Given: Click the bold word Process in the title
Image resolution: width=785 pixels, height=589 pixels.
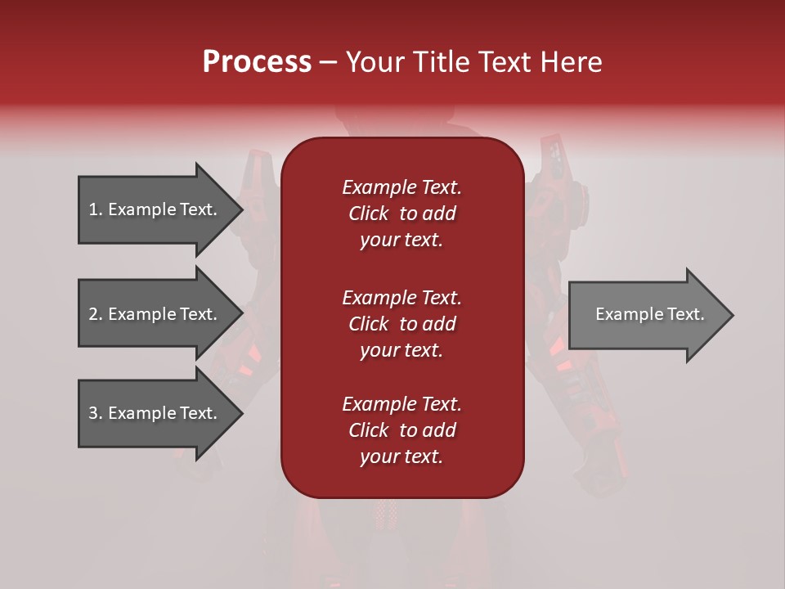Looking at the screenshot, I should tap(257, 61).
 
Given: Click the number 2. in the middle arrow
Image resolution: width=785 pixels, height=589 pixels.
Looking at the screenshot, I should tap(96, 314).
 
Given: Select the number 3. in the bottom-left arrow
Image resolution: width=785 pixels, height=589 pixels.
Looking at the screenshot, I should tap(96, 413).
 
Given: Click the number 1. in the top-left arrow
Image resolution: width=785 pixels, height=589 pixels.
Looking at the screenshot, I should tap(96, 209).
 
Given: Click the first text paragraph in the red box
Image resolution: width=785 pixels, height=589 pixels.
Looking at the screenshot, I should tap(401, 214).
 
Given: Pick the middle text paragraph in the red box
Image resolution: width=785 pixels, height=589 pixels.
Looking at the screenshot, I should tap(401, 323).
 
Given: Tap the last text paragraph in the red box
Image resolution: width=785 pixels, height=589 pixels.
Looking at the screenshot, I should tap(401, 430).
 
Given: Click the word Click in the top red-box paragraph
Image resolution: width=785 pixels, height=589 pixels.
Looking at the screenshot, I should tap(369, 214).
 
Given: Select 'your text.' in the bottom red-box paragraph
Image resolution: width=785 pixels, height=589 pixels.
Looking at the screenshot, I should tap(401, 456).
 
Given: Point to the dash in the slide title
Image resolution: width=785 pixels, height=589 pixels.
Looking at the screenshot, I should tap(328, 62).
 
